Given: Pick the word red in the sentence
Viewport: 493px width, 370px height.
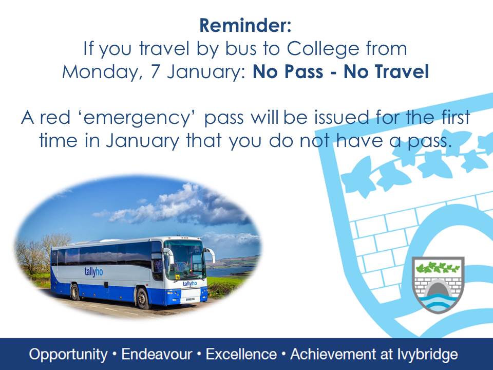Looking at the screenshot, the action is pos(55,118).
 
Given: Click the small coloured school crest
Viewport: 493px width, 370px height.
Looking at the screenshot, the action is pos(438,285).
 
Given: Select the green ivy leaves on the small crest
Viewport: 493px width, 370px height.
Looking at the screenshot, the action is pos(438,267).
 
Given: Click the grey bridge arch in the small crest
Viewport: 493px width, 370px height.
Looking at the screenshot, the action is pos(438,289).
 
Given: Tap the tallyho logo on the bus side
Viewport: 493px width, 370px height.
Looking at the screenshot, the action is pos(93,272).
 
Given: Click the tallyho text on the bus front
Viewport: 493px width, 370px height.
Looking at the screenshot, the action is pos(189,284).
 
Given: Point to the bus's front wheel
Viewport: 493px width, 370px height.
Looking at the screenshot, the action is pos(142,298).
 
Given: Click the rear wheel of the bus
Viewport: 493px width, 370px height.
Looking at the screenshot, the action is pos(75,292).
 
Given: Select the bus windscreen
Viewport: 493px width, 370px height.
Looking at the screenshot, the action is pos(185,258).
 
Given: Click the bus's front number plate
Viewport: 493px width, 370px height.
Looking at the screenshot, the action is pos(190,299).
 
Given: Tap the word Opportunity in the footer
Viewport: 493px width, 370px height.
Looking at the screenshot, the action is pos(68,355).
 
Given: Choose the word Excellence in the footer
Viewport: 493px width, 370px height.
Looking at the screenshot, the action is pos(241,354).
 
